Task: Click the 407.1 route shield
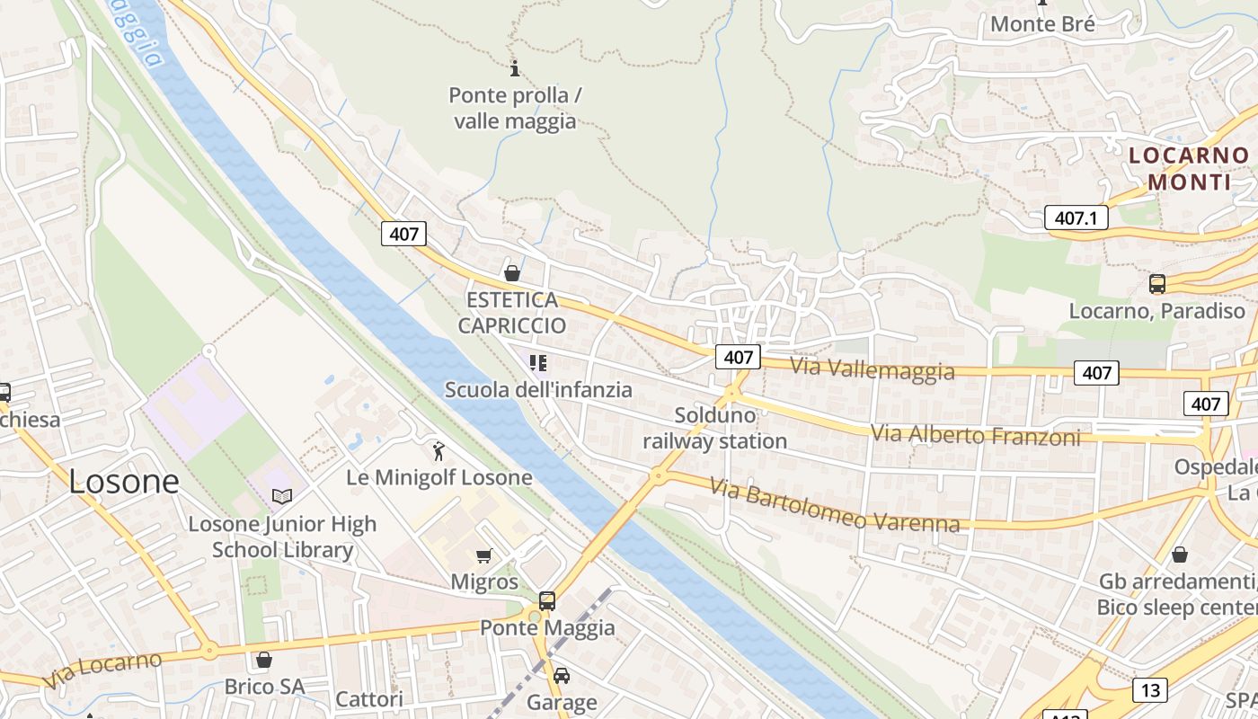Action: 1076,217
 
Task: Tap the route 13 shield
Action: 1150,690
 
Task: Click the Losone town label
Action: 124,482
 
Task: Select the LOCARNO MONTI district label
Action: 1189,168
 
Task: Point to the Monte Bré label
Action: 1042,24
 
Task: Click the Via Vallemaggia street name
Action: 872,368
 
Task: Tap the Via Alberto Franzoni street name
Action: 975,435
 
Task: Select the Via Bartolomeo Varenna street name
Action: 834,505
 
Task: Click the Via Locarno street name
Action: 102,670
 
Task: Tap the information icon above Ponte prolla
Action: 515,67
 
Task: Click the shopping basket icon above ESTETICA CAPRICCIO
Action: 512,273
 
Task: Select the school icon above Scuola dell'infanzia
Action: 538,363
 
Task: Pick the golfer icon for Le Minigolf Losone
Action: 439,451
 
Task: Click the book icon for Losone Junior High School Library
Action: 282,496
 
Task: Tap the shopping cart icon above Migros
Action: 484,555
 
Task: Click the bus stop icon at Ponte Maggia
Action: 546,601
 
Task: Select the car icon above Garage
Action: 562,676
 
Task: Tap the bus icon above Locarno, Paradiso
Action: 1157,284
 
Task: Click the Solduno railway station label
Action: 714,429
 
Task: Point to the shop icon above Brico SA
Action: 264,661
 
